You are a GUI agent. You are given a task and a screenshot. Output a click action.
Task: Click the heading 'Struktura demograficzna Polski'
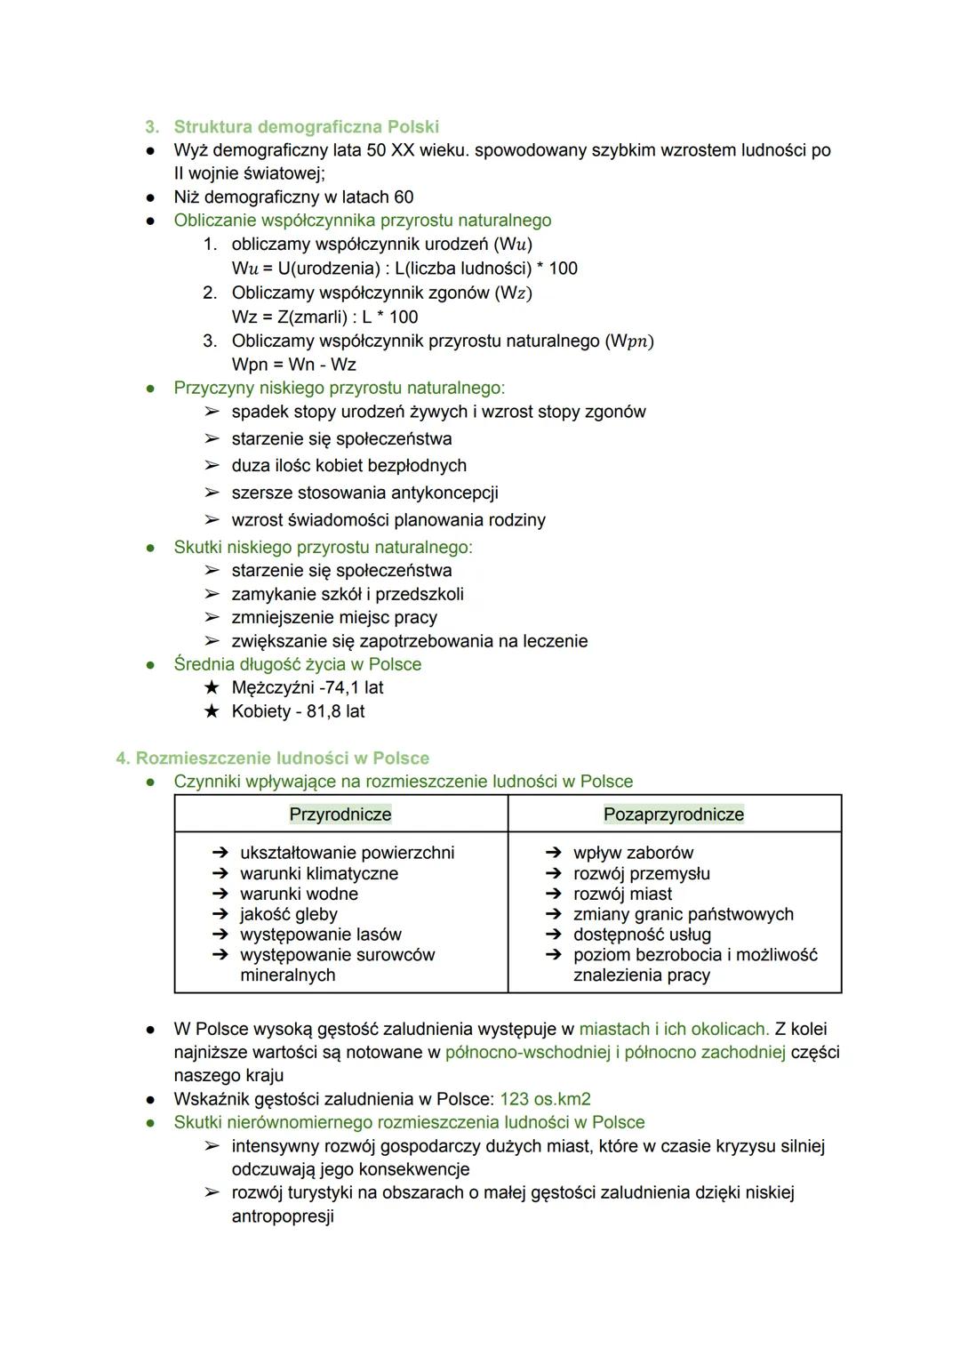click(x=306, y=127)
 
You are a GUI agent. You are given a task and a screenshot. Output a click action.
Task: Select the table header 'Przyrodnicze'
click(x=340, y=814)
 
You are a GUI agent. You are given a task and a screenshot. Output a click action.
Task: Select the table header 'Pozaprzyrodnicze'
click(x=674, y=814)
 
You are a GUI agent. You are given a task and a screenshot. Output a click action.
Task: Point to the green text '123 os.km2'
click(x=545, y=1099)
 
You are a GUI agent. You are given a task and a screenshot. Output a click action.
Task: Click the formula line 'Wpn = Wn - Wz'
click(x=293, y=365)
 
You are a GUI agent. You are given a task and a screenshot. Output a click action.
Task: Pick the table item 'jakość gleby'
click(x=288, y=914)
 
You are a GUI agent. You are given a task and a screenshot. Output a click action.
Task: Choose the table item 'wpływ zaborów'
click(x=633, y=853)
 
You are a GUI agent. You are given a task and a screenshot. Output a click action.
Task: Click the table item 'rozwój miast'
click(x=622, y=894)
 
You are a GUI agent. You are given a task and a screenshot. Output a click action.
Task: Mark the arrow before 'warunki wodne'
click(x=220, y=894)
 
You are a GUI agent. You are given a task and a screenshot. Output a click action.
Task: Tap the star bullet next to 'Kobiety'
click(x=212, y=711)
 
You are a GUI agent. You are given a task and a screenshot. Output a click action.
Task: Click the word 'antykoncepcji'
click(x=443, y=493)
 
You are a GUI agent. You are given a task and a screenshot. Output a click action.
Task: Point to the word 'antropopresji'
click(x=283, y=1216)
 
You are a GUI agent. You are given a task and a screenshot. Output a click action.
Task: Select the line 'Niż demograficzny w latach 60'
click(x=293, y=197)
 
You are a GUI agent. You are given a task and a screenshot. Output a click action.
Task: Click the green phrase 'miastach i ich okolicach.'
click(x=674, y=1029)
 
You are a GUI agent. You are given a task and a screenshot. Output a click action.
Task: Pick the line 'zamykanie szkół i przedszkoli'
click(x=348, y=594)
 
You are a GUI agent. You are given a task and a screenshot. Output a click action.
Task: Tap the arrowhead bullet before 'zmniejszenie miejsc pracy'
click(x=212, y=617)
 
